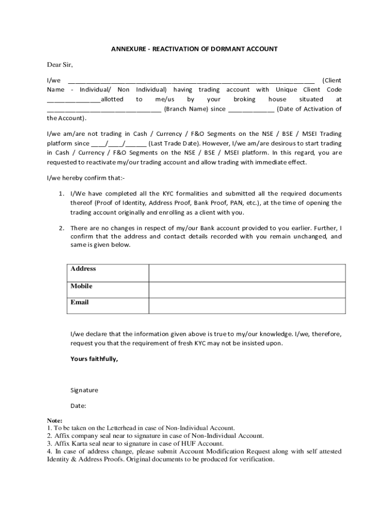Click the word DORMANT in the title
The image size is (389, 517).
(229, 49)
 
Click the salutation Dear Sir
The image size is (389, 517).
(60, 65)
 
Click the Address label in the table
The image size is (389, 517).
(83, 269)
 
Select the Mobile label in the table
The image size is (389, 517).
(81, 286)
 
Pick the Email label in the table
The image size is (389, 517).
(80, 302)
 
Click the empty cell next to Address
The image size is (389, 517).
(247, 273)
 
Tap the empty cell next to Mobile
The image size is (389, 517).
(247, 289)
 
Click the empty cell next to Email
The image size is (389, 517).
(247, 306)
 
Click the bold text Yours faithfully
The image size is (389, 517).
(94, 359)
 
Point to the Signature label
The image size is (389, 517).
(84, 390)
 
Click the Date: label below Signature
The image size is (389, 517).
(79, 405)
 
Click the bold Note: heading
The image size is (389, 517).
(55, 421)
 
